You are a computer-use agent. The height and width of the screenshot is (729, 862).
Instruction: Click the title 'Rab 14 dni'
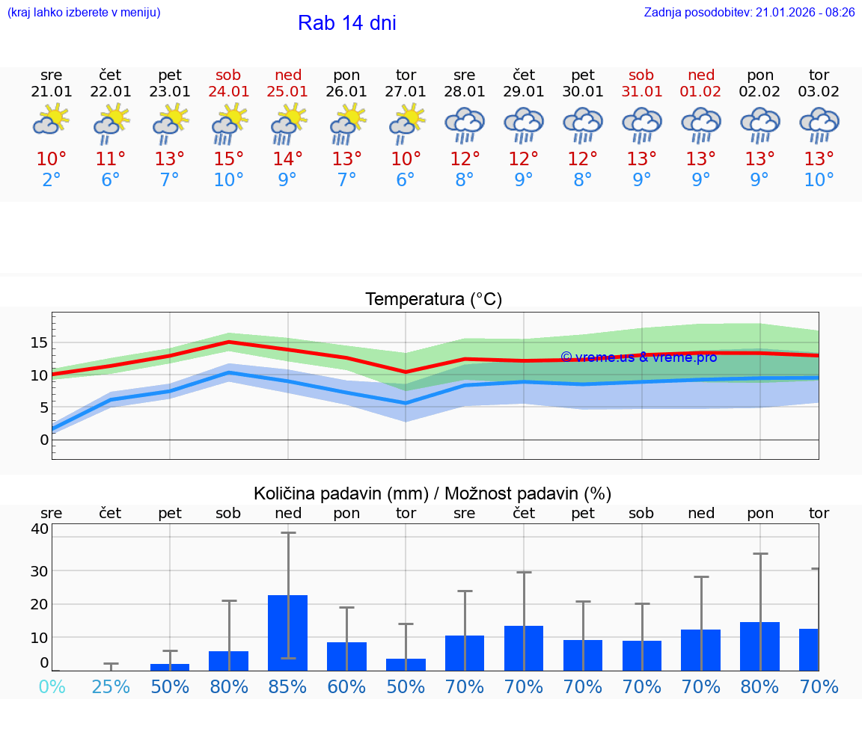[346, 23]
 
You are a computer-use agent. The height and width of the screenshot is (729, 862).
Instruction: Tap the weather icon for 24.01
[229, 123]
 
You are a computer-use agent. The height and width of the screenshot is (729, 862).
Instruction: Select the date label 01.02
[701, 92]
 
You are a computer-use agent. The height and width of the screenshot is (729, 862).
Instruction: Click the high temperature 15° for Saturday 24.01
[229, 159]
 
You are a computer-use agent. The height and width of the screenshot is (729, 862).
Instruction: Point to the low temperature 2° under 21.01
[52, 180]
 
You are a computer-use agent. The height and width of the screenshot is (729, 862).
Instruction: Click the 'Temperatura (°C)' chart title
[433, 300]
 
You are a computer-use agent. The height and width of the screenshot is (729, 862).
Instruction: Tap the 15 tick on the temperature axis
[39, 343]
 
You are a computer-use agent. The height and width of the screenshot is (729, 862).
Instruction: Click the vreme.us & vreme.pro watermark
[638, 357]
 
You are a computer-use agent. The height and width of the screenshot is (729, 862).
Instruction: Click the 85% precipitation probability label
[288, 686]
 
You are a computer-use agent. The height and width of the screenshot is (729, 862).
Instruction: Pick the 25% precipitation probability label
[111, 686]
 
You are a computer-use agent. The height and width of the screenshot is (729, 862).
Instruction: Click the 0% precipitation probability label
[52, 686]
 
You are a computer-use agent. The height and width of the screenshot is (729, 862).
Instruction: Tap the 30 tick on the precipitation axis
[39, 571]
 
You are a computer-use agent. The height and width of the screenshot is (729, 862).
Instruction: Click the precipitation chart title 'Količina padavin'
[432, 493]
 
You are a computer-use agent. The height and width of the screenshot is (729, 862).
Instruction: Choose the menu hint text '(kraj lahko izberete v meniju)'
[83, 13]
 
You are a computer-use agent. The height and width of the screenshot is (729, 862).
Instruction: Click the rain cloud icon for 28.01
[465, 123]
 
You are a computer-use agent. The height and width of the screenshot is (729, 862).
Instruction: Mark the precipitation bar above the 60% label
[346, 656]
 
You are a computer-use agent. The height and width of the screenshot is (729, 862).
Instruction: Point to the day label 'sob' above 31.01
[641, 75]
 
